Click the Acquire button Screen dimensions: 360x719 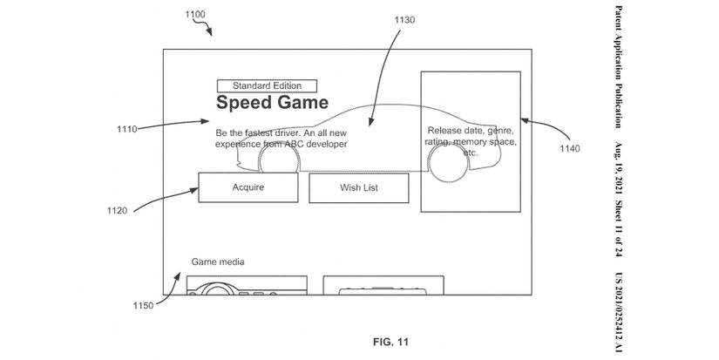(248, 187)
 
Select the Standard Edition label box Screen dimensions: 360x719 (267, 85)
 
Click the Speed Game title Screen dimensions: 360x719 (272, 104)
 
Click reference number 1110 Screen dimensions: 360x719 (127, 129)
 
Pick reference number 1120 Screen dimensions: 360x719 (118, 210)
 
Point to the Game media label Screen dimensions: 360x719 (218, 262)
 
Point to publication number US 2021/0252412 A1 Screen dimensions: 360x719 (616, 310)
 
